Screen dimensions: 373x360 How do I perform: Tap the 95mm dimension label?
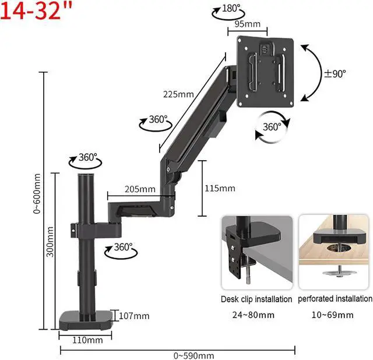(247, 24)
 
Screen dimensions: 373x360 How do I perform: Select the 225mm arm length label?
(178, 94)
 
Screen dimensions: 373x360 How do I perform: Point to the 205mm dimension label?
(140, 189)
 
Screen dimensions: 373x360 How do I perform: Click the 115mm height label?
(220, 188)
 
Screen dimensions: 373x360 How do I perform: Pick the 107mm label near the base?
(134, 316)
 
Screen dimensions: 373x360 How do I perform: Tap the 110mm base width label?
(87, 340)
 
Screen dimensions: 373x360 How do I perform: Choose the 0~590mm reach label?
(194, 356)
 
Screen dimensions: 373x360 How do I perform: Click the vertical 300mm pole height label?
(50, 242)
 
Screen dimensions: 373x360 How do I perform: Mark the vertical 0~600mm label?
(37, 194)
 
